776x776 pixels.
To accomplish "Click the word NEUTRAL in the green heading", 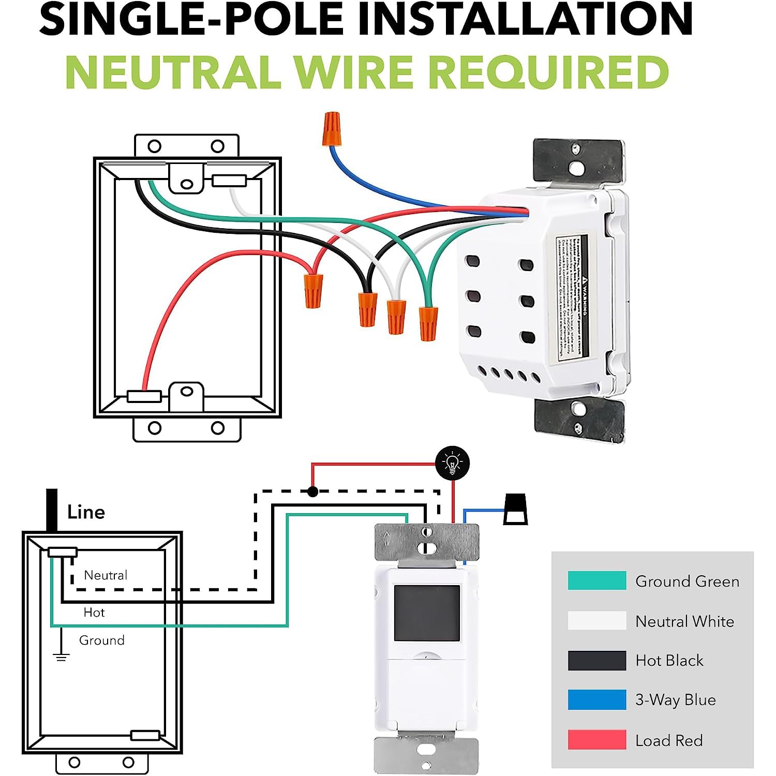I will coord(173,72).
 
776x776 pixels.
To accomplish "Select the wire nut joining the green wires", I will coord(428,323).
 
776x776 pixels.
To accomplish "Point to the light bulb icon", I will coord(453,463).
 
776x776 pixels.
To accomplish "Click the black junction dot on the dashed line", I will coord(312,491).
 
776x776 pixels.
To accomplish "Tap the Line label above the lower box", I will coord(86,512).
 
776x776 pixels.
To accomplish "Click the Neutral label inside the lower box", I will coord(106,575).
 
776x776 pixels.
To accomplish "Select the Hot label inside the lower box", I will coord(94,613).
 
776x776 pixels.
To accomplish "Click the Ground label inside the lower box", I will coord(101,640).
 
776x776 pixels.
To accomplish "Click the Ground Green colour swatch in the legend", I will coord(596,581).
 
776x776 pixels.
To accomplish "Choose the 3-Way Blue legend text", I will coord(675,700).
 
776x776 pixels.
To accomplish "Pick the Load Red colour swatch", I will coord(596,740).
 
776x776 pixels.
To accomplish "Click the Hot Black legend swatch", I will coord(596,661).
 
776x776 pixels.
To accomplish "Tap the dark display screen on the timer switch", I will coord(427,613).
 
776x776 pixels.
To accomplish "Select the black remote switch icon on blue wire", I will coord(515,510).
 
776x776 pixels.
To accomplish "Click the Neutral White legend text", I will coord(684,621).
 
